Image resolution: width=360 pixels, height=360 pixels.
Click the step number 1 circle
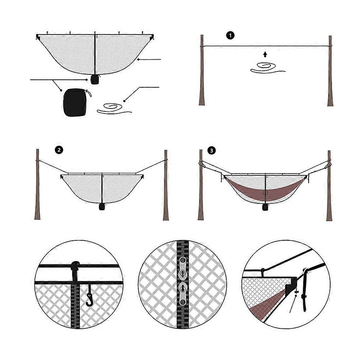[230, 36]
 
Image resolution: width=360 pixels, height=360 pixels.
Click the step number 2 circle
[59, 150]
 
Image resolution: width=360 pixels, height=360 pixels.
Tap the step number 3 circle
[212, 151]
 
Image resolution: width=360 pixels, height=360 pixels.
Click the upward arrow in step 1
[265, 54]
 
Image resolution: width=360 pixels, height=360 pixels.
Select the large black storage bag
[75, 102]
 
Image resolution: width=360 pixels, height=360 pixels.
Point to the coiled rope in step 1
[267, 68]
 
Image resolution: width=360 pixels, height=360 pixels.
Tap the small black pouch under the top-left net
[94, 79]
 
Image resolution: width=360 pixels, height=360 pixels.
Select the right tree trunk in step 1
[330, 71]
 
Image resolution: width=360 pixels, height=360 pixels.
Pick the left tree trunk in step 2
[37, 184]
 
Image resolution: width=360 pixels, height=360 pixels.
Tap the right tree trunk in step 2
[166, 185]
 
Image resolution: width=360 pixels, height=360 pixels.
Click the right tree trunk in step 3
[329, 186]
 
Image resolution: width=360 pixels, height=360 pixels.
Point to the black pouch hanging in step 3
[265, 207]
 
